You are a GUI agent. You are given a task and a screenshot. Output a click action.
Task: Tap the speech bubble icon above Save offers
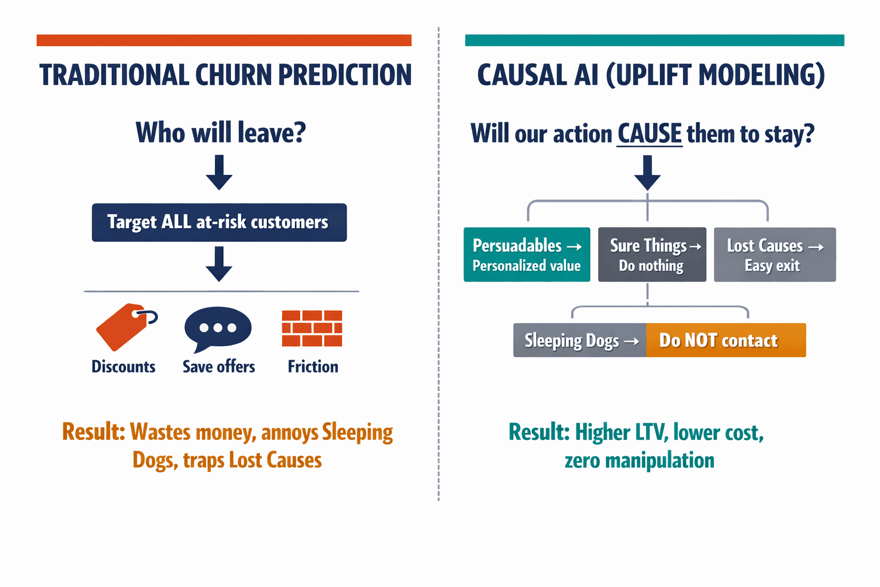218,328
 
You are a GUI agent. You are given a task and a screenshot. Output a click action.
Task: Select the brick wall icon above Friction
312,328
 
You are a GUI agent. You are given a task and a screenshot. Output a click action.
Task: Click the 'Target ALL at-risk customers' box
219,222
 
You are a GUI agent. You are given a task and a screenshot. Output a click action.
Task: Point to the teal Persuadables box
527,255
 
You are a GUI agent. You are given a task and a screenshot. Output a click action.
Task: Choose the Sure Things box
652,255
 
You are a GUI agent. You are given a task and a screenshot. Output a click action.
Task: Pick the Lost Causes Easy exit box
775,255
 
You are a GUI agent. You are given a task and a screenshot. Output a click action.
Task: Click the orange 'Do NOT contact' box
725,341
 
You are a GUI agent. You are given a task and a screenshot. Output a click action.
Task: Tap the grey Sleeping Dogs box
579,341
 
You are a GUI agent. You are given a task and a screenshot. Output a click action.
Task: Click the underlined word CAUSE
649,134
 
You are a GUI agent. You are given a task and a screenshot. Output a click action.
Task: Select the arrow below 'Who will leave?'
219,173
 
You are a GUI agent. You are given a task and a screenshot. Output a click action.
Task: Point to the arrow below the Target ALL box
219,264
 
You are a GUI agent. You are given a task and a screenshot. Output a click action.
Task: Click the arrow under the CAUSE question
647,173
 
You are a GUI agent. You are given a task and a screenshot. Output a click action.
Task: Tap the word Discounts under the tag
123,367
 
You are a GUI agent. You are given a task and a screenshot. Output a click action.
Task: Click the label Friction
313,367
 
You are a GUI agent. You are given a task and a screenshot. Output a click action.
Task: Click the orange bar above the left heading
224,40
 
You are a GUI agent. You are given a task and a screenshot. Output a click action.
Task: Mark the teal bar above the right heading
654,40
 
